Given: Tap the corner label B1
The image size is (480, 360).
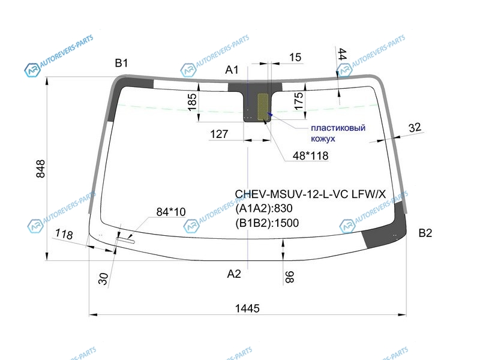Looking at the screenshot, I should (122, 62).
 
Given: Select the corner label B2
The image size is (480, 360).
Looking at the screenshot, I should (425, 233).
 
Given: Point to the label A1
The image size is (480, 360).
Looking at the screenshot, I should (232, 70).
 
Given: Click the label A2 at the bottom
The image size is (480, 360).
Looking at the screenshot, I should (233, 274).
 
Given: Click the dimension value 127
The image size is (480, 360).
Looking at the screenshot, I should (220, 134).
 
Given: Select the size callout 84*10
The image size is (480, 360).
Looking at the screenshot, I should (171, 212).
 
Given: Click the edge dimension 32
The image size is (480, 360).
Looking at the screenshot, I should (415, 127).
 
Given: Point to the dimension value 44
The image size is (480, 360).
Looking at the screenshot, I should (342, 55).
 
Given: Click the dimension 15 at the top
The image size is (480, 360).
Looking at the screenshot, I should (295, 57).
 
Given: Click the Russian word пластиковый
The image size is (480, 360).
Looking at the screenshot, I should (338, 127).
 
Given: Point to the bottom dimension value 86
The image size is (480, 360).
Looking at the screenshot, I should (290, 276).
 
